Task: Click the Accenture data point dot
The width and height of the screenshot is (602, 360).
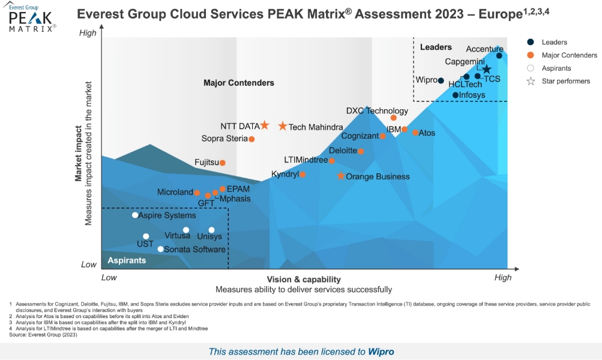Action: (x=499, y=56)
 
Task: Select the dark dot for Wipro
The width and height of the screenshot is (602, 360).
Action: (x=441, y=81)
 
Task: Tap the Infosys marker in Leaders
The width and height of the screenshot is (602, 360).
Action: (x=456, y=95)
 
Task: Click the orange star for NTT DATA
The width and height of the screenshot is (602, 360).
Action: (x=264, y=125)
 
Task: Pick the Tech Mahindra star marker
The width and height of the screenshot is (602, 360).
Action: (x=283, y=126)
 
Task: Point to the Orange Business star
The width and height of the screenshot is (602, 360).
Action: (x=341, y=176)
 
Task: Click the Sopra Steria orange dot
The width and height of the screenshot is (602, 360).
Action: (x=251, y=139)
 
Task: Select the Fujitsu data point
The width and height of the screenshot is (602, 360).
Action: (x=222, y=163)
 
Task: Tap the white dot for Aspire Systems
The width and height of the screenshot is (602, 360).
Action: (x=135, y=215)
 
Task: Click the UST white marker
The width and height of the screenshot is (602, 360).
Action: (x=146, y=236)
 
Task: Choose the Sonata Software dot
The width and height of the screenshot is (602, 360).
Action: (x=160, y=249)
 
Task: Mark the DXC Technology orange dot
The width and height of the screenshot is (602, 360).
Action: (x=394, y=118)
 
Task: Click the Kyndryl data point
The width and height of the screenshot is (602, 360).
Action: (x=303, y=175)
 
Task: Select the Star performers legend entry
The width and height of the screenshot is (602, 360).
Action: (x=531, y=81)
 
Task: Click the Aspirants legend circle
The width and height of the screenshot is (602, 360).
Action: (x=531, y=68)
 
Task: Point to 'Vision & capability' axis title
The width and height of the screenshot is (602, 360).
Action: (x=304, y=280)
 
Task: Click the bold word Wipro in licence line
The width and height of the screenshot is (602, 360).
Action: (x=381, y=352)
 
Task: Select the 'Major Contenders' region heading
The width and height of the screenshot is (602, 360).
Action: (x=238, y=83)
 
